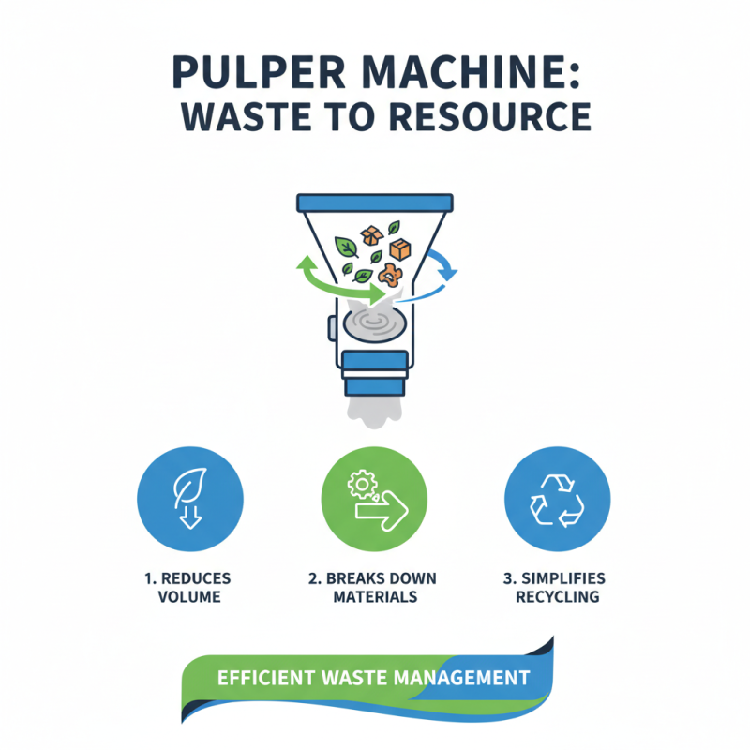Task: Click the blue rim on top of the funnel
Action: tap(375, 202)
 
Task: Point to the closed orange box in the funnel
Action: tap(400, 249)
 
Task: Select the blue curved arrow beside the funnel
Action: tap(443, 265)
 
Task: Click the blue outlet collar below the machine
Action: tap(375, 372)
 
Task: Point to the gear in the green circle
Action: tap(362, 484)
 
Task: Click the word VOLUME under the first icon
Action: tap(189, 597)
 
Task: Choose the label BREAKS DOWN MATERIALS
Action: tap(374, 588)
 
